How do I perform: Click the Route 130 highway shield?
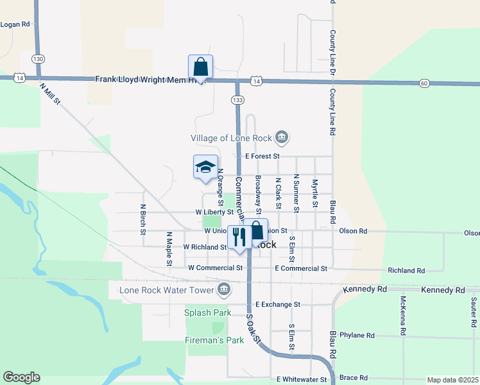tap(39, 58)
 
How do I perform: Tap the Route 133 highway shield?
tap(238, 99)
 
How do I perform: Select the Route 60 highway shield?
tap(424, 83)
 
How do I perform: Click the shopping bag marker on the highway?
tap(200, 66)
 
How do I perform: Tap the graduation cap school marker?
tap(205, 167)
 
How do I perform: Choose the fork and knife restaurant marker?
tap(239, 236)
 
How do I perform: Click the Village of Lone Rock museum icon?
tap(281, 137)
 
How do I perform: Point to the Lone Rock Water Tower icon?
tap(224, 290)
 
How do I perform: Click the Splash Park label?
tap(207, 313)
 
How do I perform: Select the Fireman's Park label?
tap(214, 340)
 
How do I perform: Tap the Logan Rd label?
tap(15, 24)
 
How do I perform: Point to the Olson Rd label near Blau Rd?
tap(353, 231)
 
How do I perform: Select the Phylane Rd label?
tap(357, 335)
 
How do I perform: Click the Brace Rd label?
tap(354, 378)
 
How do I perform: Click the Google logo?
tap(21, 377)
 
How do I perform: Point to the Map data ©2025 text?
tap(453, 380)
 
